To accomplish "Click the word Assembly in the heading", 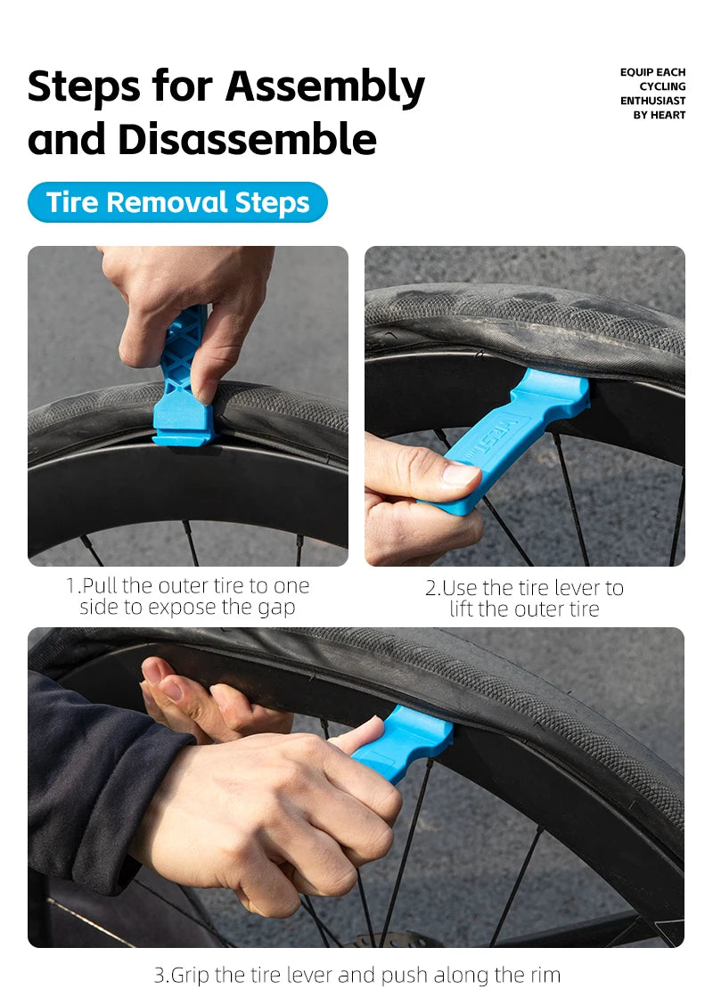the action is click(x=325, y=87).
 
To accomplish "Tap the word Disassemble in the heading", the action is click(x=247, y=139).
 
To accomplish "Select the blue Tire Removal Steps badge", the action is click(x=177, y=202).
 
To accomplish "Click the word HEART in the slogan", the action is click(x=668, y=115).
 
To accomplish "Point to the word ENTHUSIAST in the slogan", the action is click(x=652, y=101).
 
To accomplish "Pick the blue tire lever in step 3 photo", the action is click(x=403, y=743).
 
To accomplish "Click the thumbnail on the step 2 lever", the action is click(x=461, y=474).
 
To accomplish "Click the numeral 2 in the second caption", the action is click(x=430, y=588).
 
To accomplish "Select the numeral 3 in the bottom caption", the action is click(x=160, y=975).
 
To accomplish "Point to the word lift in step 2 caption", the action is click(x=461, y=609).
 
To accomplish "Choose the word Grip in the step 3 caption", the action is click(x=191, y=976).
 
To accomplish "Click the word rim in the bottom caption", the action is click(x=545, y=975).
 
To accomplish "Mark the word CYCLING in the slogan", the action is click(x=662, y=86).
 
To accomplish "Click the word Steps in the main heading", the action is click(x=84, y=86).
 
